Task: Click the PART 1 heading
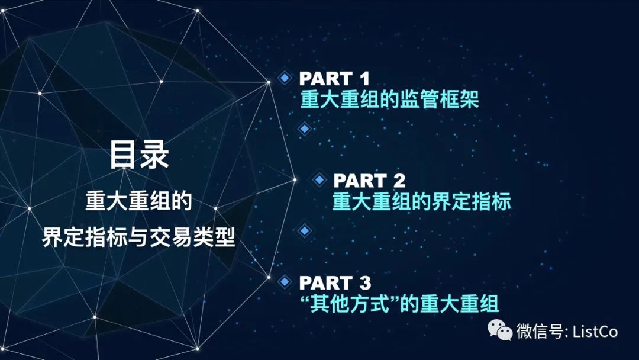(x=334, y=79)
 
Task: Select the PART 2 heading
(x=369, y=181)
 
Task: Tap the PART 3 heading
(x=335, y=282)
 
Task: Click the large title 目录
(x=139, y=155)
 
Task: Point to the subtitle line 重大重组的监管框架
(x=389, y=99)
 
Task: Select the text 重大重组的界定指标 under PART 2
(x=421, y=201)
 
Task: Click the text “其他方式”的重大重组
(x=399, y=303)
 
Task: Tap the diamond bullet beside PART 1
(x=285, y=78)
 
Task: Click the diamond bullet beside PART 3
(x=285, y=281)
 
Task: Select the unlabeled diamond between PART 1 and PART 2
(x=304, y=129)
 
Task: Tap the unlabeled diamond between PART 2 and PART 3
(x=304, y=231)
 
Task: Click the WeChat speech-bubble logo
(x=500, y=329)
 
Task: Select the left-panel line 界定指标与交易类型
(x=139, y=237)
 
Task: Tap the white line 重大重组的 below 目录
(x=139, y=201)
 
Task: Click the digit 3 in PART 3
(x=364, y=282)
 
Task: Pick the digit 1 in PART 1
(x=364, y=79)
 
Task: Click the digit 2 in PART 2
(x=399, y=181)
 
